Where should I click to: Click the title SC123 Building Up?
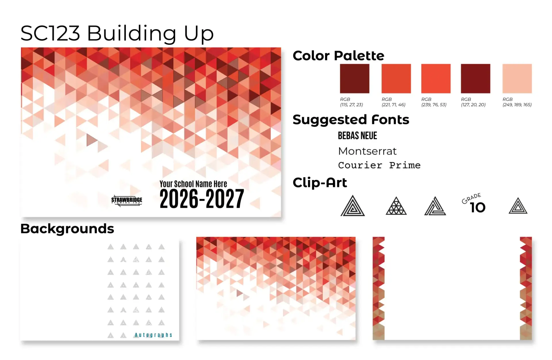117,33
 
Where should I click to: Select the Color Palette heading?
338,55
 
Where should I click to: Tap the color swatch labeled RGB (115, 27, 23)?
354,78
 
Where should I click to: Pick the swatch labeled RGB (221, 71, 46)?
396,78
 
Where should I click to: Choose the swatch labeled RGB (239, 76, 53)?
436,78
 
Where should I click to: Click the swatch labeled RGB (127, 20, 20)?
476,78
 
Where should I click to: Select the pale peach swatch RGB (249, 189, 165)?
517,78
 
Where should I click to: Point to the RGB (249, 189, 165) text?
517,102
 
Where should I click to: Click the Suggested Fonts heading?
351,120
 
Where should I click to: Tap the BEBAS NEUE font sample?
357,136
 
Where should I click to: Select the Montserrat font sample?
367,151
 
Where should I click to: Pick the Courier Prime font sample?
379,165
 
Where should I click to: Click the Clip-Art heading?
320,183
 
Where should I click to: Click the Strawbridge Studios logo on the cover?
127,200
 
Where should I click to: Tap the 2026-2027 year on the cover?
202,199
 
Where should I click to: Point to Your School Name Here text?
193,184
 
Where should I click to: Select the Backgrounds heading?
67,229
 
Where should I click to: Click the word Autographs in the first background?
154,335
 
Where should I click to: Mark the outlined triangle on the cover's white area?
91,140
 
